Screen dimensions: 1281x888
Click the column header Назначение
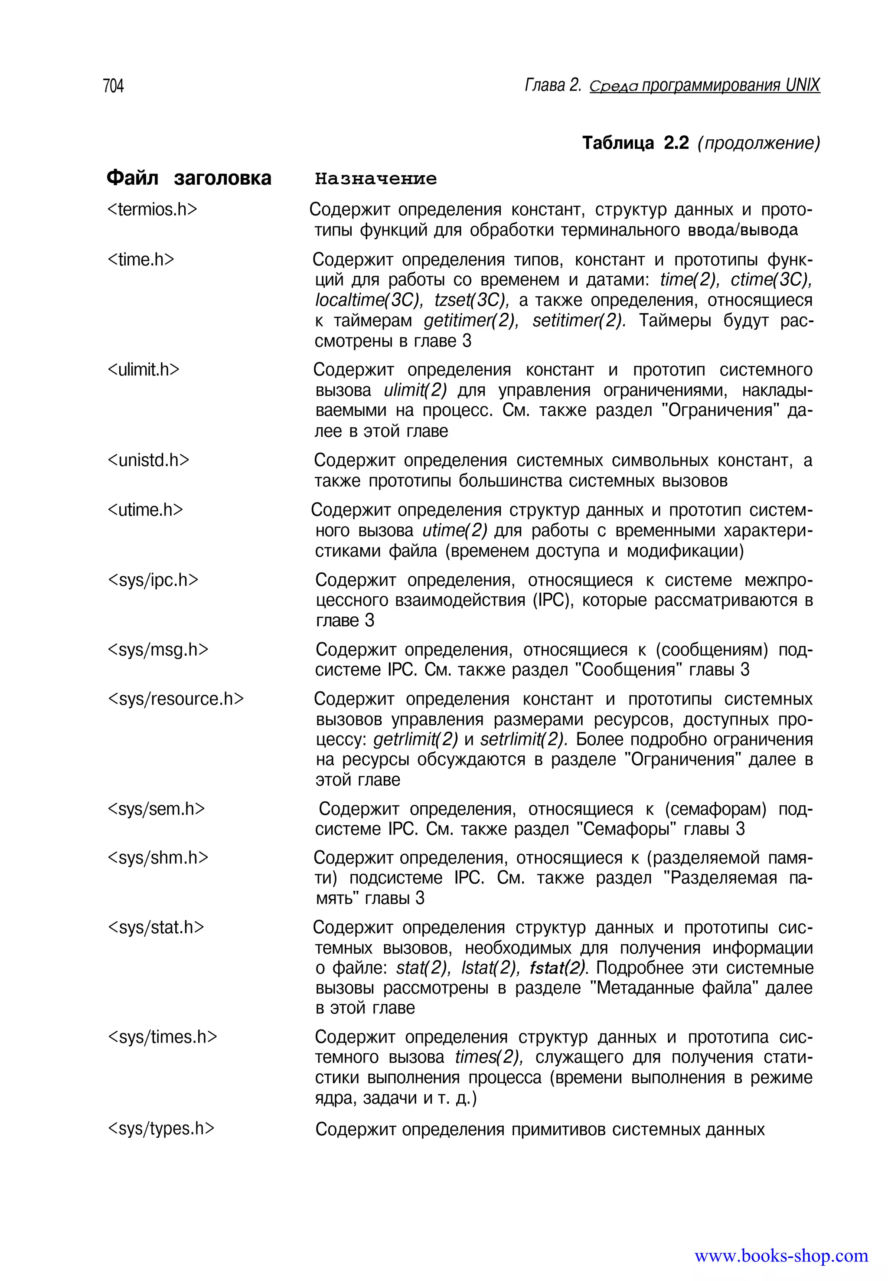point(375,179)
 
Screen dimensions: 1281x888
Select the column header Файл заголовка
point(189,178)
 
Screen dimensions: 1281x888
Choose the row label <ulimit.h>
point(143,369)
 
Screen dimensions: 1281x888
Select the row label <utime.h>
point(145,510)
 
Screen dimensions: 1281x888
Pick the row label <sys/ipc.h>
point(153,580)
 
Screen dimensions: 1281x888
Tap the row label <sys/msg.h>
point(157,650)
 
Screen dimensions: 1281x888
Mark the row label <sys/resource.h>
point(175,699)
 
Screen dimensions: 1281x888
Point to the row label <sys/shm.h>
point(157,857)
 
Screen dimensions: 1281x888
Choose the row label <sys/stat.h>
point(155,927)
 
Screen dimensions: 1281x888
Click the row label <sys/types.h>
point(160,1128)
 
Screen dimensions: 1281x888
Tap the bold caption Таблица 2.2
point(635,143)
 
